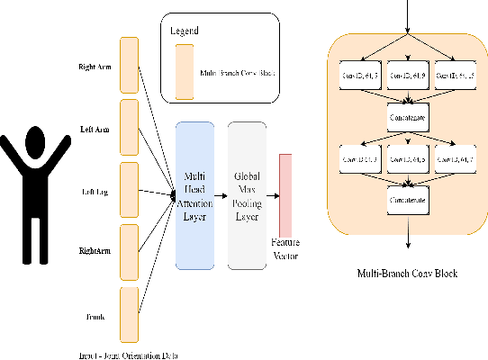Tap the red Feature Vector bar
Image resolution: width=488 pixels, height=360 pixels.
[x=286, y=193]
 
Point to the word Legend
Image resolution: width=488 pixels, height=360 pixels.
[x=185, y=31]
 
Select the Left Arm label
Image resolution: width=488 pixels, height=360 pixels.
[x=95, y=127]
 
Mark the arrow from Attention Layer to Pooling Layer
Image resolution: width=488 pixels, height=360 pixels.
[x=221, y=193]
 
